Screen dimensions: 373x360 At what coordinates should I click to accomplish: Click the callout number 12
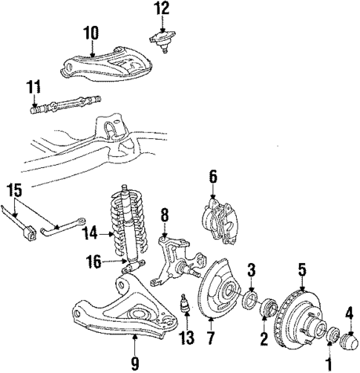pos(161,9)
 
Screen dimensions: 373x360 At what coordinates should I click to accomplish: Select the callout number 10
pos(90,33)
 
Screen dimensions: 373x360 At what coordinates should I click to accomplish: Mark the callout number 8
pos(164,215)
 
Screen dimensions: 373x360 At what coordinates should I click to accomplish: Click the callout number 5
pos(302,270)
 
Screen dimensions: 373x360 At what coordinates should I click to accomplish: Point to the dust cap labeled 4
pos(348,341)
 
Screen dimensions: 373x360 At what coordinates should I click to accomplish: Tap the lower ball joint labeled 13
pos(186,305)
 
